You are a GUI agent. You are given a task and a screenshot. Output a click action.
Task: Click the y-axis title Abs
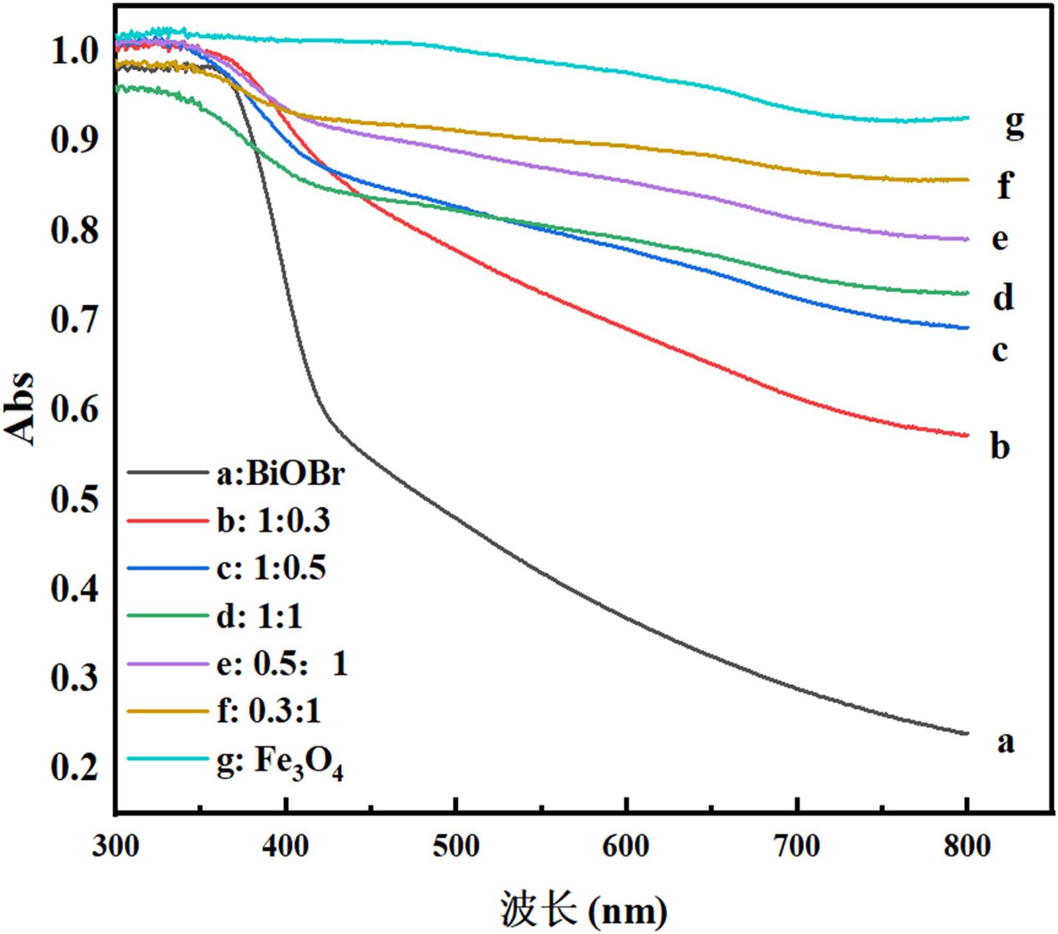click(x=20, y=408)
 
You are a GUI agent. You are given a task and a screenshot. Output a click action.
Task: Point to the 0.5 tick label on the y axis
click(x=74, y=499)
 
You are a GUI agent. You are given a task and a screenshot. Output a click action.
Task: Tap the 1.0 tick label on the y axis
click(x=74, y=51)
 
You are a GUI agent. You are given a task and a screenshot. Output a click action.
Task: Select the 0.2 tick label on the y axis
click(x=74, y=767)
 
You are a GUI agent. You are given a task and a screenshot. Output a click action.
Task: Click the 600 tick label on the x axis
click(x=626, y=846)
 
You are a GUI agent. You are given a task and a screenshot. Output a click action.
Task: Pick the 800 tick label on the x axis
click(x=966, y=846)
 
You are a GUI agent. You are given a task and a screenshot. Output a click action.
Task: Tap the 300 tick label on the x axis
click(x=115, y=846)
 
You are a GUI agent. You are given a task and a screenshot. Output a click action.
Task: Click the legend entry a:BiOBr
click(x=280, y=474)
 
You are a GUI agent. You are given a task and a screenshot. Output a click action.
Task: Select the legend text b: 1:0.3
click(x=273, y=521)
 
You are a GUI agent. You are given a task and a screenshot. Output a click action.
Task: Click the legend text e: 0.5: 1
click(x=282, y=664)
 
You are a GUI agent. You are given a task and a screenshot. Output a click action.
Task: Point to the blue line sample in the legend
click(x=168, y=568)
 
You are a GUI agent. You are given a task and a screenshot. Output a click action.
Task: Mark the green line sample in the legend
click(x=168, y=615)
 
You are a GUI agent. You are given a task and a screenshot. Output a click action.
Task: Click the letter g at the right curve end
click(x=1014, y=125)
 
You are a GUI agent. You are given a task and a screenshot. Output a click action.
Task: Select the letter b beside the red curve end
click(x=1000, y=446)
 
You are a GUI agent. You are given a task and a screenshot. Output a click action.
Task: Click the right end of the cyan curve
click(x=967, y=118)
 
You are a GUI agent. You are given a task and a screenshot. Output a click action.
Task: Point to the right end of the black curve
click(x=967, y=733)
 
